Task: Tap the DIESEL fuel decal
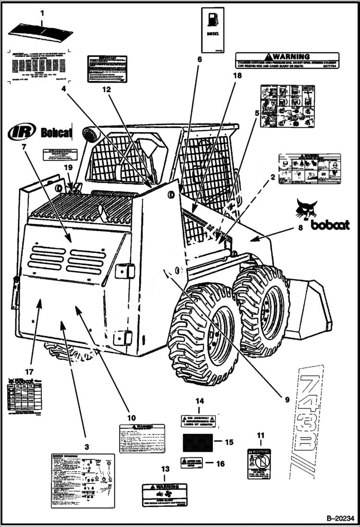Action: (212, 31)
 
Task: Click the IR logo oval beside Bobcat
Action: (22, 131)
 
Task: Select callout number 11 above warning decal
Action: (260, 436)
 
